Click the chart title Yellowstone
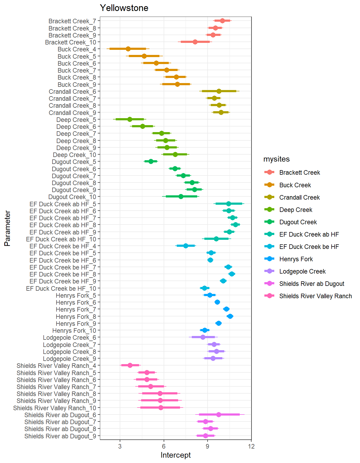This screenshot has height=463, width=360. (x=124, y=8)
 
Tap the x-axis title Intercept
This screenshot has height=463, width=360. (x=175, y=455)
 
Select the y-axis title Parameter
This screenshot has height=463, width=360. (x=7, y=228)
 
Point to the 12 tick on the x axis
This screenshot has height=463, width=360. (x=251, y=446)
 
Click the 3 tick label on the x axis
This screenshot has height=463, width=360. (x=120, y=446)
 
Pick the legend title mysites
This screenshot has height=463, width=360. (x=276, y=159)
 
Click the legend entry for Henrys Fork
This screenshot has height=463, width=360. (x=296, y=259)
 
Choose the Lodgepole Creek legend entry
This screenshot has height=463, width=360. (x=302, y=271)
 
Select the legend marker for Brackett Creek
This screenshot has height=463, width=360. (x=269, y=172)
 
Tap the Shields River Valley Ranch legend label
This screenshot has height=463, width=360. (x=316, y=296)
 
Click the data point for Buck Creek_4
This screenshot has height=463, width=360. (x=128, y=49)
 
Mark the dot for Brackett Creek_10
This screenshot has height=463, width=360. (x=195, y=42)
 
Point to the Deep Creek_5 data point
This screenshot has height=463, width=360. (x=130, y=119)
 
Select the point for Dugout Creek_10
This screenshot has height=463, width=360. (x=181, y=196)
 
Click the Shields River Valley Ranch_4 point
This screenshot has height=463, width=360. (x=130, y=365)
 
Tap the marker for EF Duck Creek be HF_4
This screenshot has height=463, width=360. (x=186, y=246)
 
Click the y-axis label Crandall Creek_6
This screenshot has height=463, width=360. (x=72, y=92)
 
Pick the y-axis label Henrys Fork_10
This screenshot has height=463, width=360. (x=74, y=331)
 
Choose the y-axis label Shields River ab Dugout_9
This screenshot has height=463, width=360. (x=60, y=436)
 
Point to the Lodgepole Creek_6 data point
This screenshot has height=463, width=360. (x=203, y=337)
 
